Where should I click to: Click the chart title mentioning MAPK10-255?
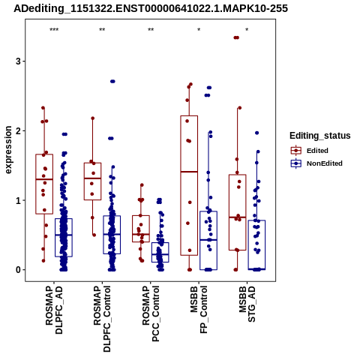point(151,8)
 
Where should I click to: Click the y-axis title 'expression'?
point(8,150)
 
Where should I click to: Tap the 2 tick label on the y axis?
point(18,130)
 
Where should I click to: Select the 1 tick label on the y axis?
point(18,200)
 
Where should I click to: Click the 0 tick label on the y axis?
point(18,270)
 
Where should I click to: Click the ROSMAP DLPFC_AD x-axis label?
point(54,310)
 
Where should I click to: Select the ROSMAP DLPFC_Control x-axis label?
point(102,319)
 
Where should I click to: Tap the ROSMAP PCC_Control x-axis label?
point(151,313)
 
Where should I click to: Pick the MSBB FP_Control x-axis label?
point(199,310)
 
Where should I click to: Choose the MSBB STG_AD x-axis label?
point(247,304)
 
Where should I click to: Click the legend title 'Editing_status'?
point(320,136)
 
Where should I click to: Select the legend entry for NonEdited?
point(316,163)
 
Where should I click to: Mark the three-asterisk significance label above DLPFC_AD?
point(54,30)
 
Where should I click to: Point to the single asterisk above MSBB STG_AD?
point(247,29)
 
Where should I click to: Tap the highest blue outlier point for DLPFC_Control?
point(112,81)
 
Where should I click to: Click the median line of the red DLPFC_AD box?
point(44,179)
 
